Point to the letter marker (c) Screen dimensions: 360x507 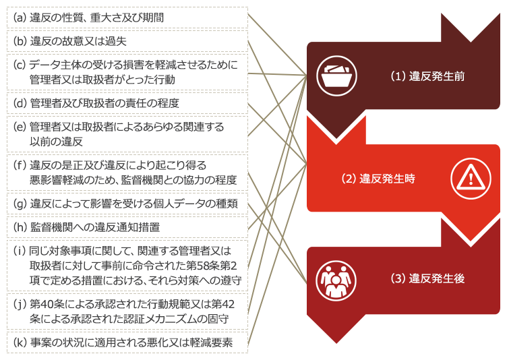pos(20,65)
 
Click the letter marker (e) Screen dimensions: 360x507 pos(20,127)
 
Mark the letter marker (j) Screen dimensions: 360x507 pos(20,304)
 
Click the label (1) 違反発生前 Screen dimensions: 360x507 pos(428,76)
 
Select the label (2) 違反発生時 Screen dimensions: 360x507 pos(378,179)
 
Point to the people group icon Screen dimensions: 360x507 pos(334,278)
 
